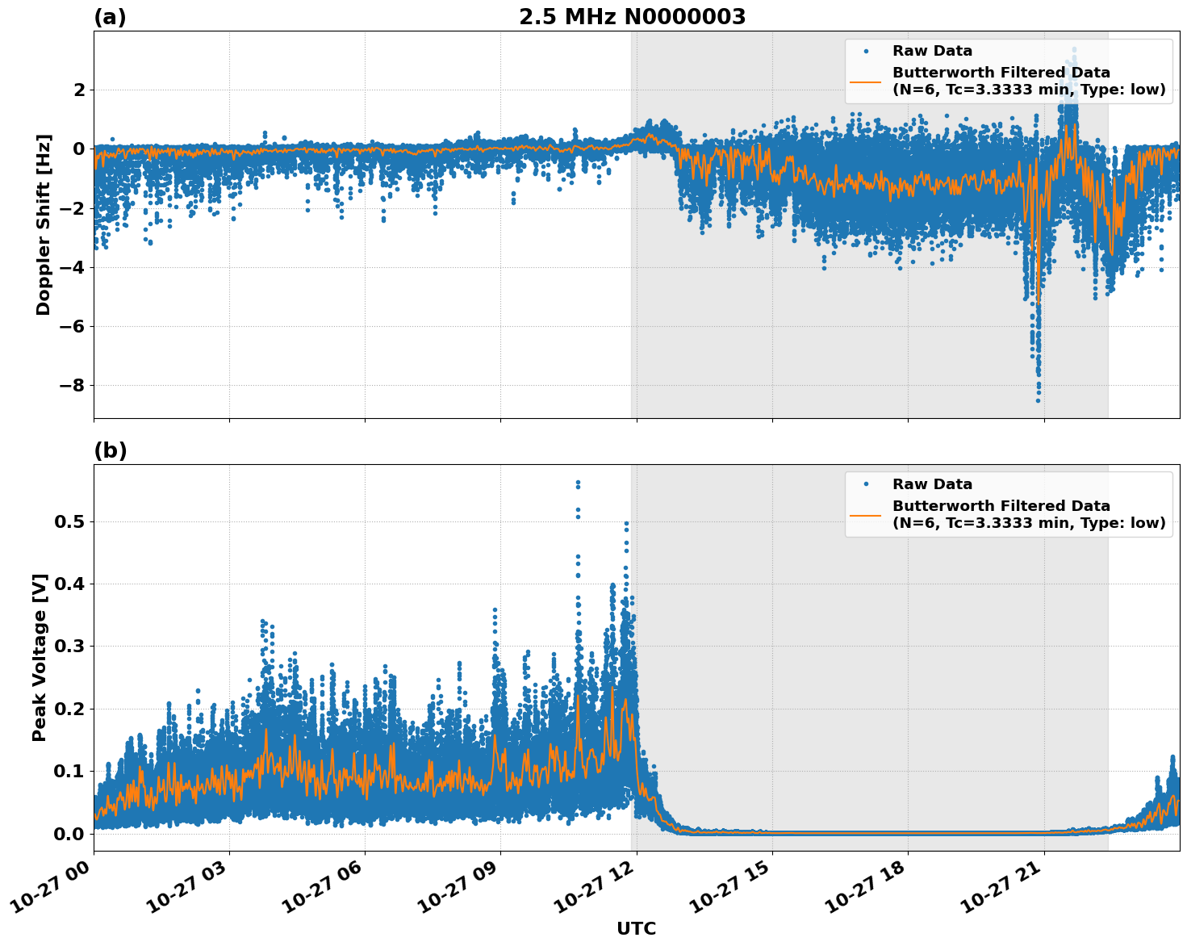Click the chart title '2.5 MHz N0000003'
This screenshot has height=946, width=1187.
pyautogui.click(x=632, y=17)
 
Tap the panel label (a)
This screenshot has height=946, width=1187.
pyautogui.click(x=110, y=17)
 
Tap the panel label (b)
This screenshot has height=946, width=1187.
pyautogui.click(x=110, y=450)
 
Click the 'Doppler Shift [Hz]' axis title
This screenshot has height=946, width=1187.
pyautogui.click(x=44, y=224)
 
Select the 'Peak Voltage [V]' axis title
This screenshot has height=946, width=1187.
pyautogui.click(x=40, y=657)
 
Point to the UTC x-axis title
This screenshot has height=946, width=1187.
pyautogui.click(x=636, y=928)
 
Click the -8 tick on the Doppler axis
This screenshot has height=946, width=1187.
pyautogui.click(x=72, y=386)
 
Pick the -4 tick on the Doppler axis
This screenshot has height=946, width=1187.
pyautogui.click(x=72, y=267)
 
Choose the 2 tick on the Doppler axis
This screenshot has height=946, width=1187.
pyautogui.click(x=79, y=90)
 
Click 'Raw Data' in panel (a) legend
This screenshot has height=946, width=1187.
pyautogui.click(x=932, y=51)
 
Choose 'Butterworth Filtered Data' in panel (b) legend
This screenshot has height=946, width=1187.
pyautogui.click(x=1001, y=506)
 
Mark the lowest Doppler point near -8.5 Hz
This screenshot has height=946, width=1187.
pyautogui.click(x=1038, y=400)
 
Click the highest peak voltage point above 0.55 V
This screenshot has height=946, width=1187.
pyautogui.click(x=578, y=483)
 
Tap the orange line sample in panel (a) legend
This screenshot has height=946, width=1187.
pyautogui.click(x=865, y=81)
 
